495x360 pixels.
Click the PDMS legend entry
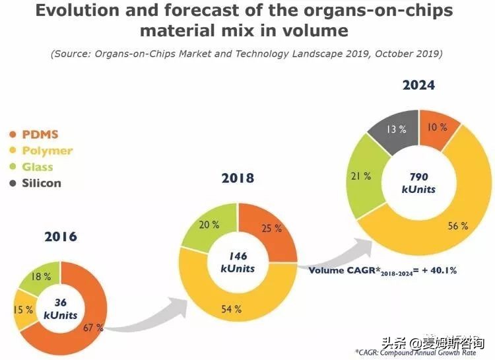(40, 135)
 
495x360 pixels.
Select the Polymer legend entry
(47, 151)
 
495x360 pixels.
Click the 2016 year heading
(61, 236)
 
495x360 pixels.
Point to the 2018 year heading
(237, 178)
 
